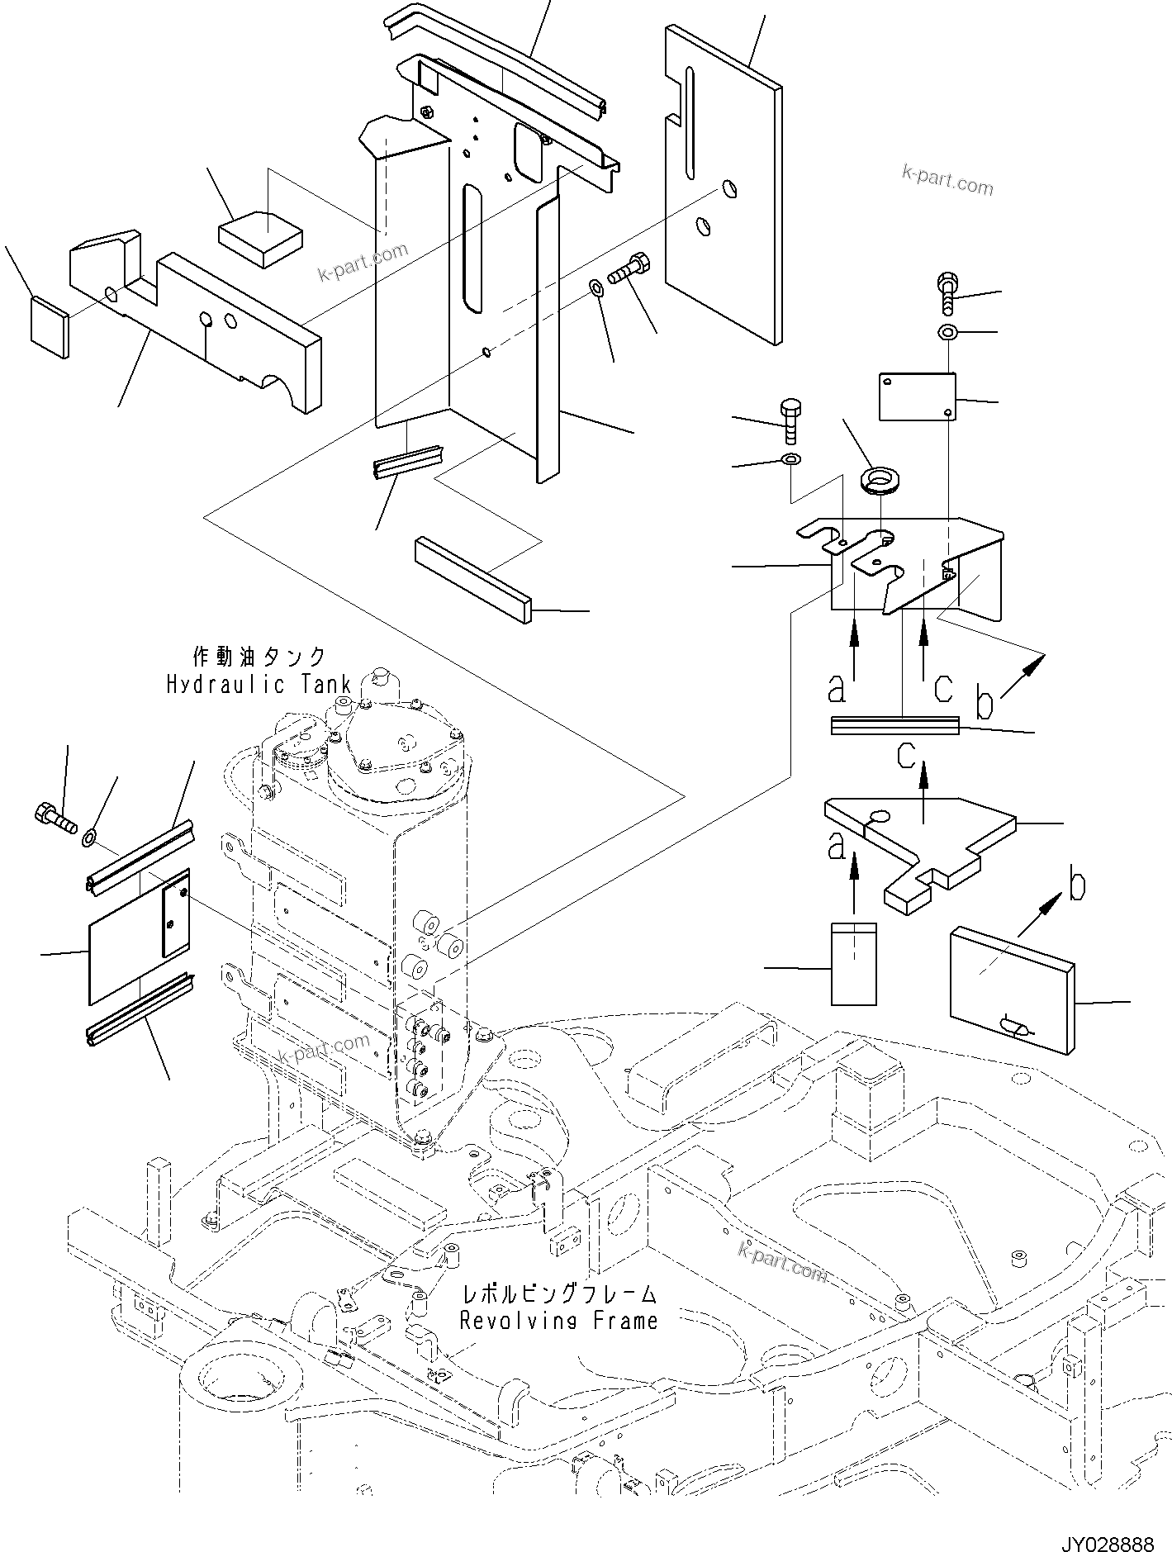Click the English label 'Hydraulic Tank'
click(x=259, y=684)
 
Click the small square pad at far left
click(x=50, y=328)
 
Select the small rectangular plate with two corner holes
click(x=916, y=396)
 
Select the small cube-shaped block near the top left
click(x=261, y=239)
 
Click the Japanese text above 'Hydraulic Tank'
click(x=259, y=657)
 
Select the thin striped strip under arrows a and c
click(x=894, y=725)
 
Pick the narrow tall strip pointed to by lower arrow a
click(x=853, y=963)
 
